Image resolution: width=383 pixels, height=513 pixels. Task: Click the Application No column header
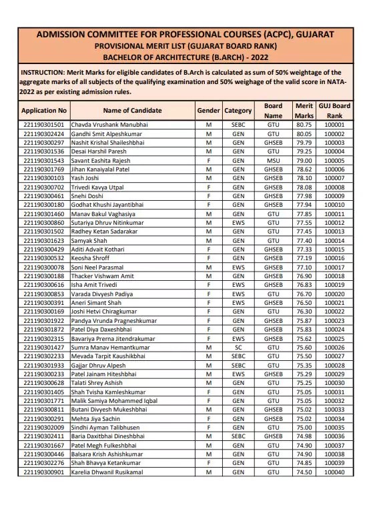[x=44, y=111]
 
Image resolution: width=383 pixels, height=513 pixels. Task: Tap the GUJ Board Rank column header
[x=334, y=111]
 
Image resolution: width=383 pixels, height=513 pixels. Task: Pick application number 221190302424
[x=44, y=133]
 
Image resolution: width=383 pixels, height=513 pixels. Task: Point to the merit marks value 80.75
[x=304, y=125]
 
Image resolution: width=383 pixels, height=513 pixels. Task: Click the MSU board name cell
[x=273, y=161]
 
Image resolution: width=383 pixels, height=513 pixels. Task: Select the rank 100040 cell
[x=334, y=472]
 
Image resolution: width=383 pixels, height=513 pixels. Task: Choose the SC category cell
[x=238, y=348]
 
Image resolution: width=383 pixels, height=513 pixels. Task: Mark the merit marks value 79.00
[x=304, y=161]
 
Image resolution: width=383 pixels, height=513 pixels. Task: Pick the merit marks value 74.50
[x=304, y=472]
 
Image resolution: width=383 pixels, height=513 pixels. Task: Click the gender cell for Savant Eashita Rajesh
[x=209, y=161]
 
